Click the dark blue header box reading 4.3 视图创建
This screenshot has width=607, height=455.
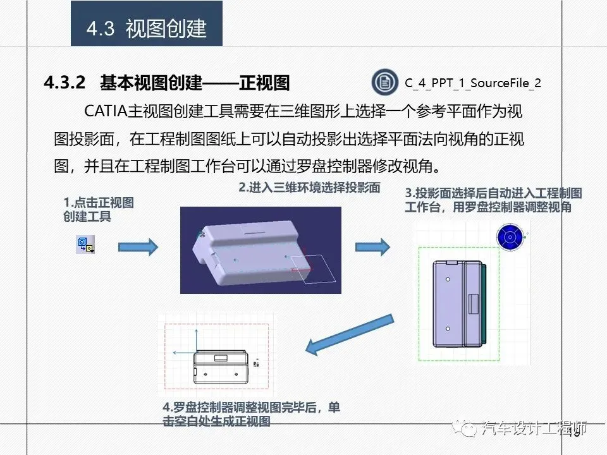coord(146,23)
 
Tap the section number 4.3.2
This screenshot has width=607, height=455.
coord(64,82)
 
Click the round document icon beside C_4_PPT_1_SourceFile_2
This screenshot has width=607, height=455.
coord(385,82)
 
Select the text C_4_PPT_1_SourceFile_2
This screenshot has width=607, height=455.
coord(473,83)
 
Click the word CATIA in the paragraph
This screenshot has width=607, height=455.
coord(106,111)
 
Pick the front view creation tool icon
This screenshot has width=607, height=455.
coord(85,245)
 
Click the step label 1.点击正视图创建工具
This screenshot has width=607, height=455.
coord(99,209)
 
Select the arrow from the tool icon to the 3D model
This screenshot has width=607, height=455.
coord(138,247)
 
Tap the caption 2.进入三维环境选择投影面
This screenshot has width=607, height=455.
coord(309,188)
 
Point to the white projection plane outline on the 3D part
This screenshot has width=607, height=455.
coord(313,269)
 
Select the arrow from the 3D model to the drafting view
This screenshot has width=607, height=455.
coord(372,247)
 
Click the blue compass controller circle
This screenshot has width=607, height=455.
coord(510,237)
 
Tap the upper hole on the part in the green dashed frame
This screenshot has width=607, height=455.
coord(448,279)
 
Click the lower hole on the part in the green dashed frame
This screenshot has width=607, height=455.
coord(448,329)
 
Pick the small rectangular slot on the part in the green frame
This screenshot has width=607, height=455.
coord(474,304)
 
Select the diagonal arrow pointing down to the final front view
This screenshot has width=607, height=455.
coord(350,334)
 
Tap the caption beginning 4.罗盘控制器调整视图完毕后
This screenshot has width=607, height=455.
coord(251,413)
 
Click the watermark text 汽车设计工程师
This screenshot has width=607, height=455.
coord(534,428)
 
